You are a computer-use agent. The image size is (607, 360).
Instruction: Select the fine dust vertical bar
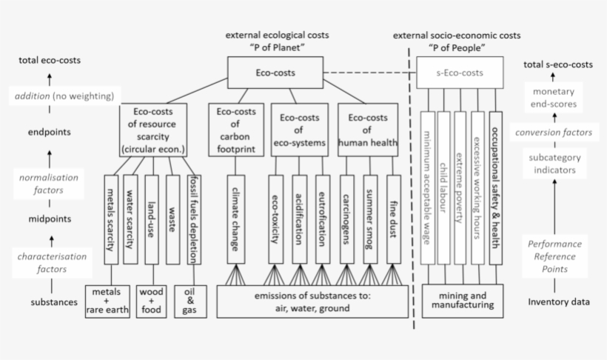[x=393, y=219]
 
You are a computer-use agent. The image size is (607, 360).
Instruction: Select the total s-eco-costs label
[x=558, y=64]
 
